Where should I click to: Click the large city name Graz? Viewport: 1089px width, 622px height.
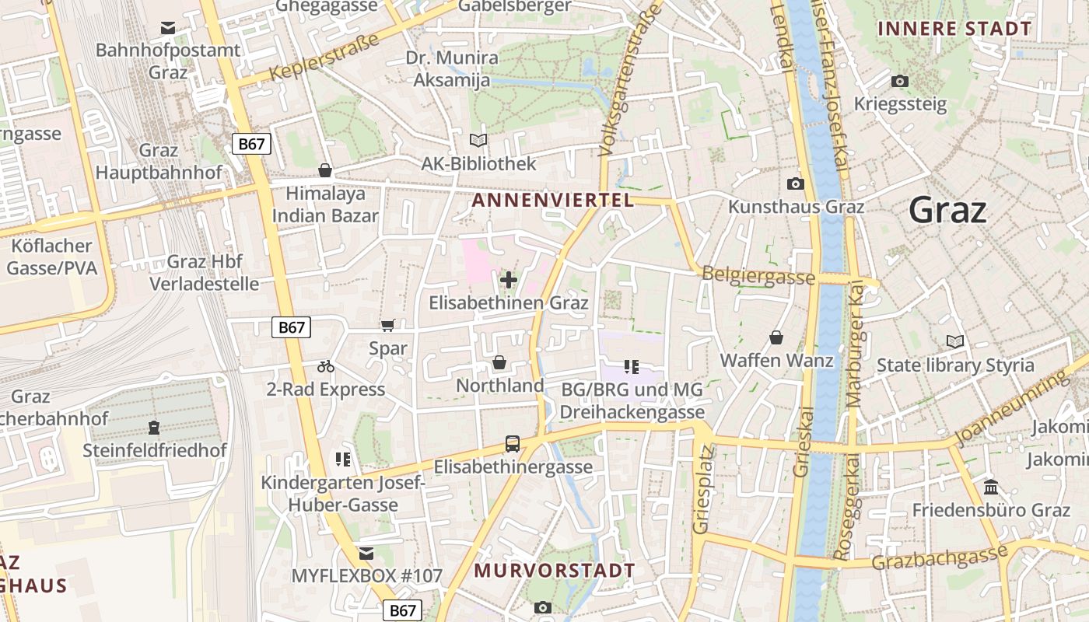[947, 210]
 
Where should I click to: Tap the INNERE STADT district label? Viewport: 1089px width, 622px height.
[954, 29]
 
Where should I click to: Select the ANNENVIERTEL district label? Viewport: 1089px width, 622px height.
[552, 200]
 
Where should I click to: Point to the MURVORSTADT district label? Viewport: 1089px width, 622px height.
[555, 570]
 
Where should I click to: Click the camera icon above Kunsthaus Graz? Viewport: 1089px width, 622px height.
[795, 184]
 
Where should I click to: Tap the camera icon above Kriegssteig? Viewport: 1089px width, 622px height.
[900, 81]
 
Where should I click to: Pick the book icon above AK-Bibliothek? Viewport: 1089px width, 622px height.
[478, 141]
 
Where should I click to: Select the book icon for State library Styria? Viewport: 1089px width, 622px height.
[954, 341]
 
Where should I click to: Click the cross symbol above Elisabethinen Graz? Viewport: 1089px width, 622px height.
[509, 280]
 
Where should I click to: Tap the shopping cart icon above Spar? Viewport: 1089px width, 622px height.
[387, 326]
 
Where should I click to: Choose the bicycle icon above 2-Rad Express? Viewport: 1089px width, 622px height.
[326, 366]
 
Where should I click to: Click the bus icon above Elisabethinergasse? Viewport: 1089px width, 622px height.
[512, 444]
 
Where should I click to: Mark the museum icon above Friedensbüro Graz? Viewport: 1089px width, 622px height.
[991, 487]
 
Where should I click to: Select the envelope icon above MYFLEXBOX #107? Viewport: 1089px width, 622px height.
[366, 553]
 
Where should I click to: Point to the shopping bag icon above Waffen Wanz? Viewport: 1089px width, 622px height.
[776, 337]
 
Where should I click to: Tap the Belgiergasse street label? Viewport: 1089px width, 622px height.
[758, 276]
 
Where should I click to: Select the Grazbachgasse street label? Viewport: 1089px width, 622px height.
[939, 557]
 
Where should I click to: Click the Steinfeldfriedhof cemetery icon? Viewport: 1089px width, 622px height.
[154, 428]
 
